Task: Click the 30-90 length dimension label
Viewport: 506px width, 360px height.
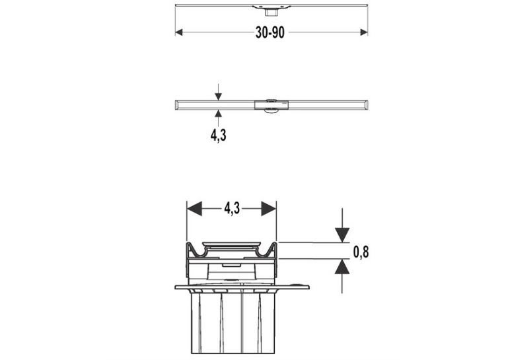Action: click(270, 32)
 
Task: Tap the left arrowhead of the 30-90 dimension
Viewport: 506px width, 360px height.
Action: click(179, 32)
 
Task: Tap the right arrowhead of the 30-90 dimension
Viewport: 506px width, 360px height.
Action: click(364, 32)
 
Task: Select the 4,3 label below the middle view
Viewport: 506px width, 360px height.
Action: click(219, 135)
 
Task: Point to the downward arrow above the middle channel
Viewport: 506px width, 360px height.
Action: click(219, 92)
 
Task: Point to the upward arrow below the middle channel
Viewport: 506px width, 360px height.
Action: click(219, 118)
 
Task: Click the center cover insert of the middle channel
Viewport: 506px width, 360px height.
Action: click(271, 105)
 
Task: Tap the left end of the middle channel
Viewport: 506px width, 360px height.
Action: click(176, 105)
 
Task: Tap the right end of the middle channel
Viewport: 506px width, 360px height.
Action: click(367, 105)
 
